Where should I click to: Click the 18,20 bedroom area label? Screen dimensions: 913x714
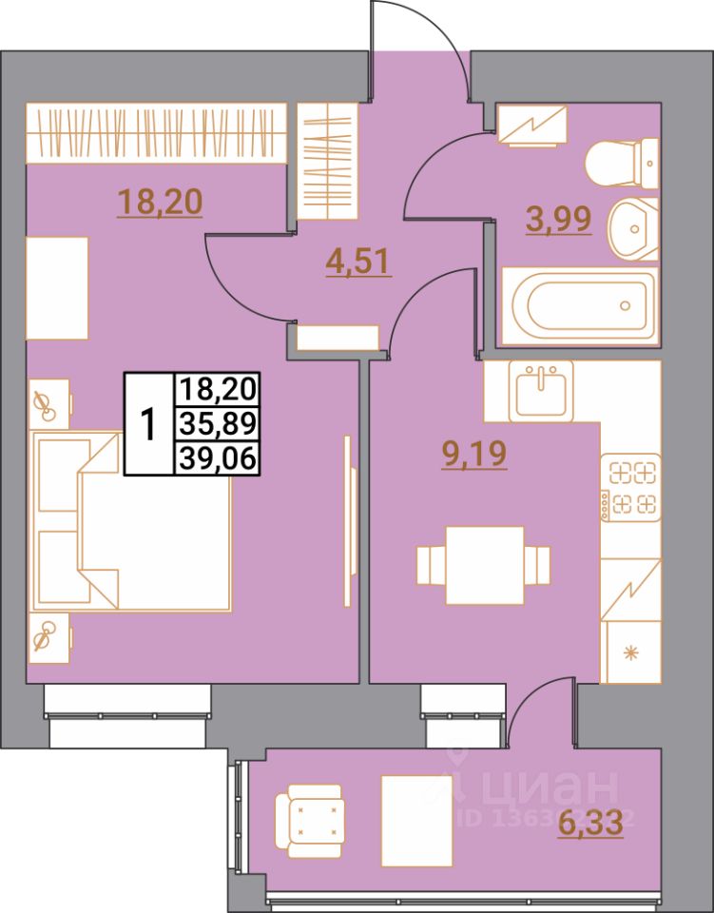pyautogui.click(x=161, y=203)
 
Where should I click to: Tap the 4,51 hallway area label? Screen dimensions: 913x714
pyautogui.click(x=357, y=262)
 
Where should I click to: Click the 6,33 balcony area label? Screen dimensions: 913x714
pyautogui.click(x=590, y=820)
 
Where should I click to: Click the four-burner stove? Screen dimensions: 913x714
pyautogui.click(x=631, y=487)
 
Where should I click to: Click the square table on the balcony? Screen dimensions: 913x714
pyautogui.click(x=415, y=819)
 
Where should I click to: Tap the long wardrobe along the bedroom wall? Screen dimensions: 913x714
pyautogui.click(x=157, y=131)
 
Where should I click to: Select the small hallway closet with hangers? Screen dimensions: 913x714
pyautogui.click(x=329, y=163)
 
